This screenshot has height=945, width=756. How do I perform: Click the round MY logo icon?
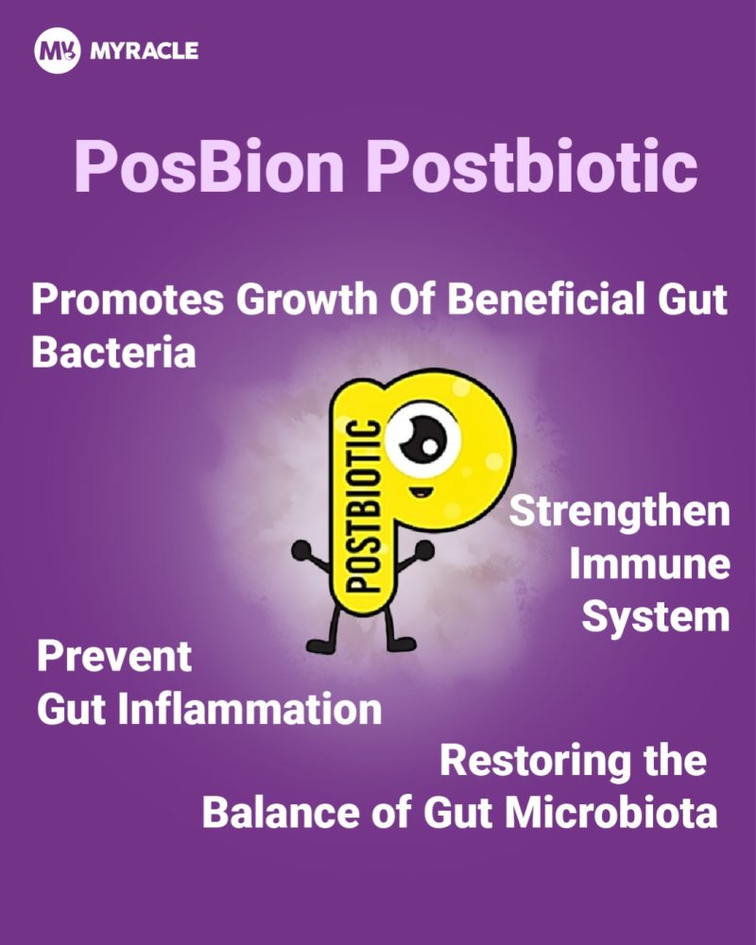pos(57,52)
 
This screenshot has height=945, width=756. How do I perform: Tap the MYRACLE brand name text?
pos(144,51)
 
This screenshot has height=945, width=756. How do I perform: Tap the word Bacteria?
pos(114,352)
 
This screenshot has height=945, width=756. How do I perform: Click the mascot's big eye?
pos(423,438)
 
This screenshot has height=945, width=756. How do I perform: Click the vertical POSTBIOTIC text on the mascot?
pos(365,506)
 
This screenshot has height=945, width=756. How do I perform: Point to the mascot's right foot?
pos(401,644)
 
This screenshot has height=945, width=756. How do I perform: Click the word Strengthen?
pos(619,511)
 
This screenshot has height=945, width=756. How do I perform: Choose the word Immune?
pos(650,564)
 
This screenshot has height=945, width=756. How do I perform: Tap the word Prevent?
pos(114,657)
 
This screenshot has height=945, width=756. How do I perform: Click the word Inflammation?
pos(249,710)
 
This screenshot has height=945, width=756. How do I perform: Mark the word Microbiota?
pos(610,813)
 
